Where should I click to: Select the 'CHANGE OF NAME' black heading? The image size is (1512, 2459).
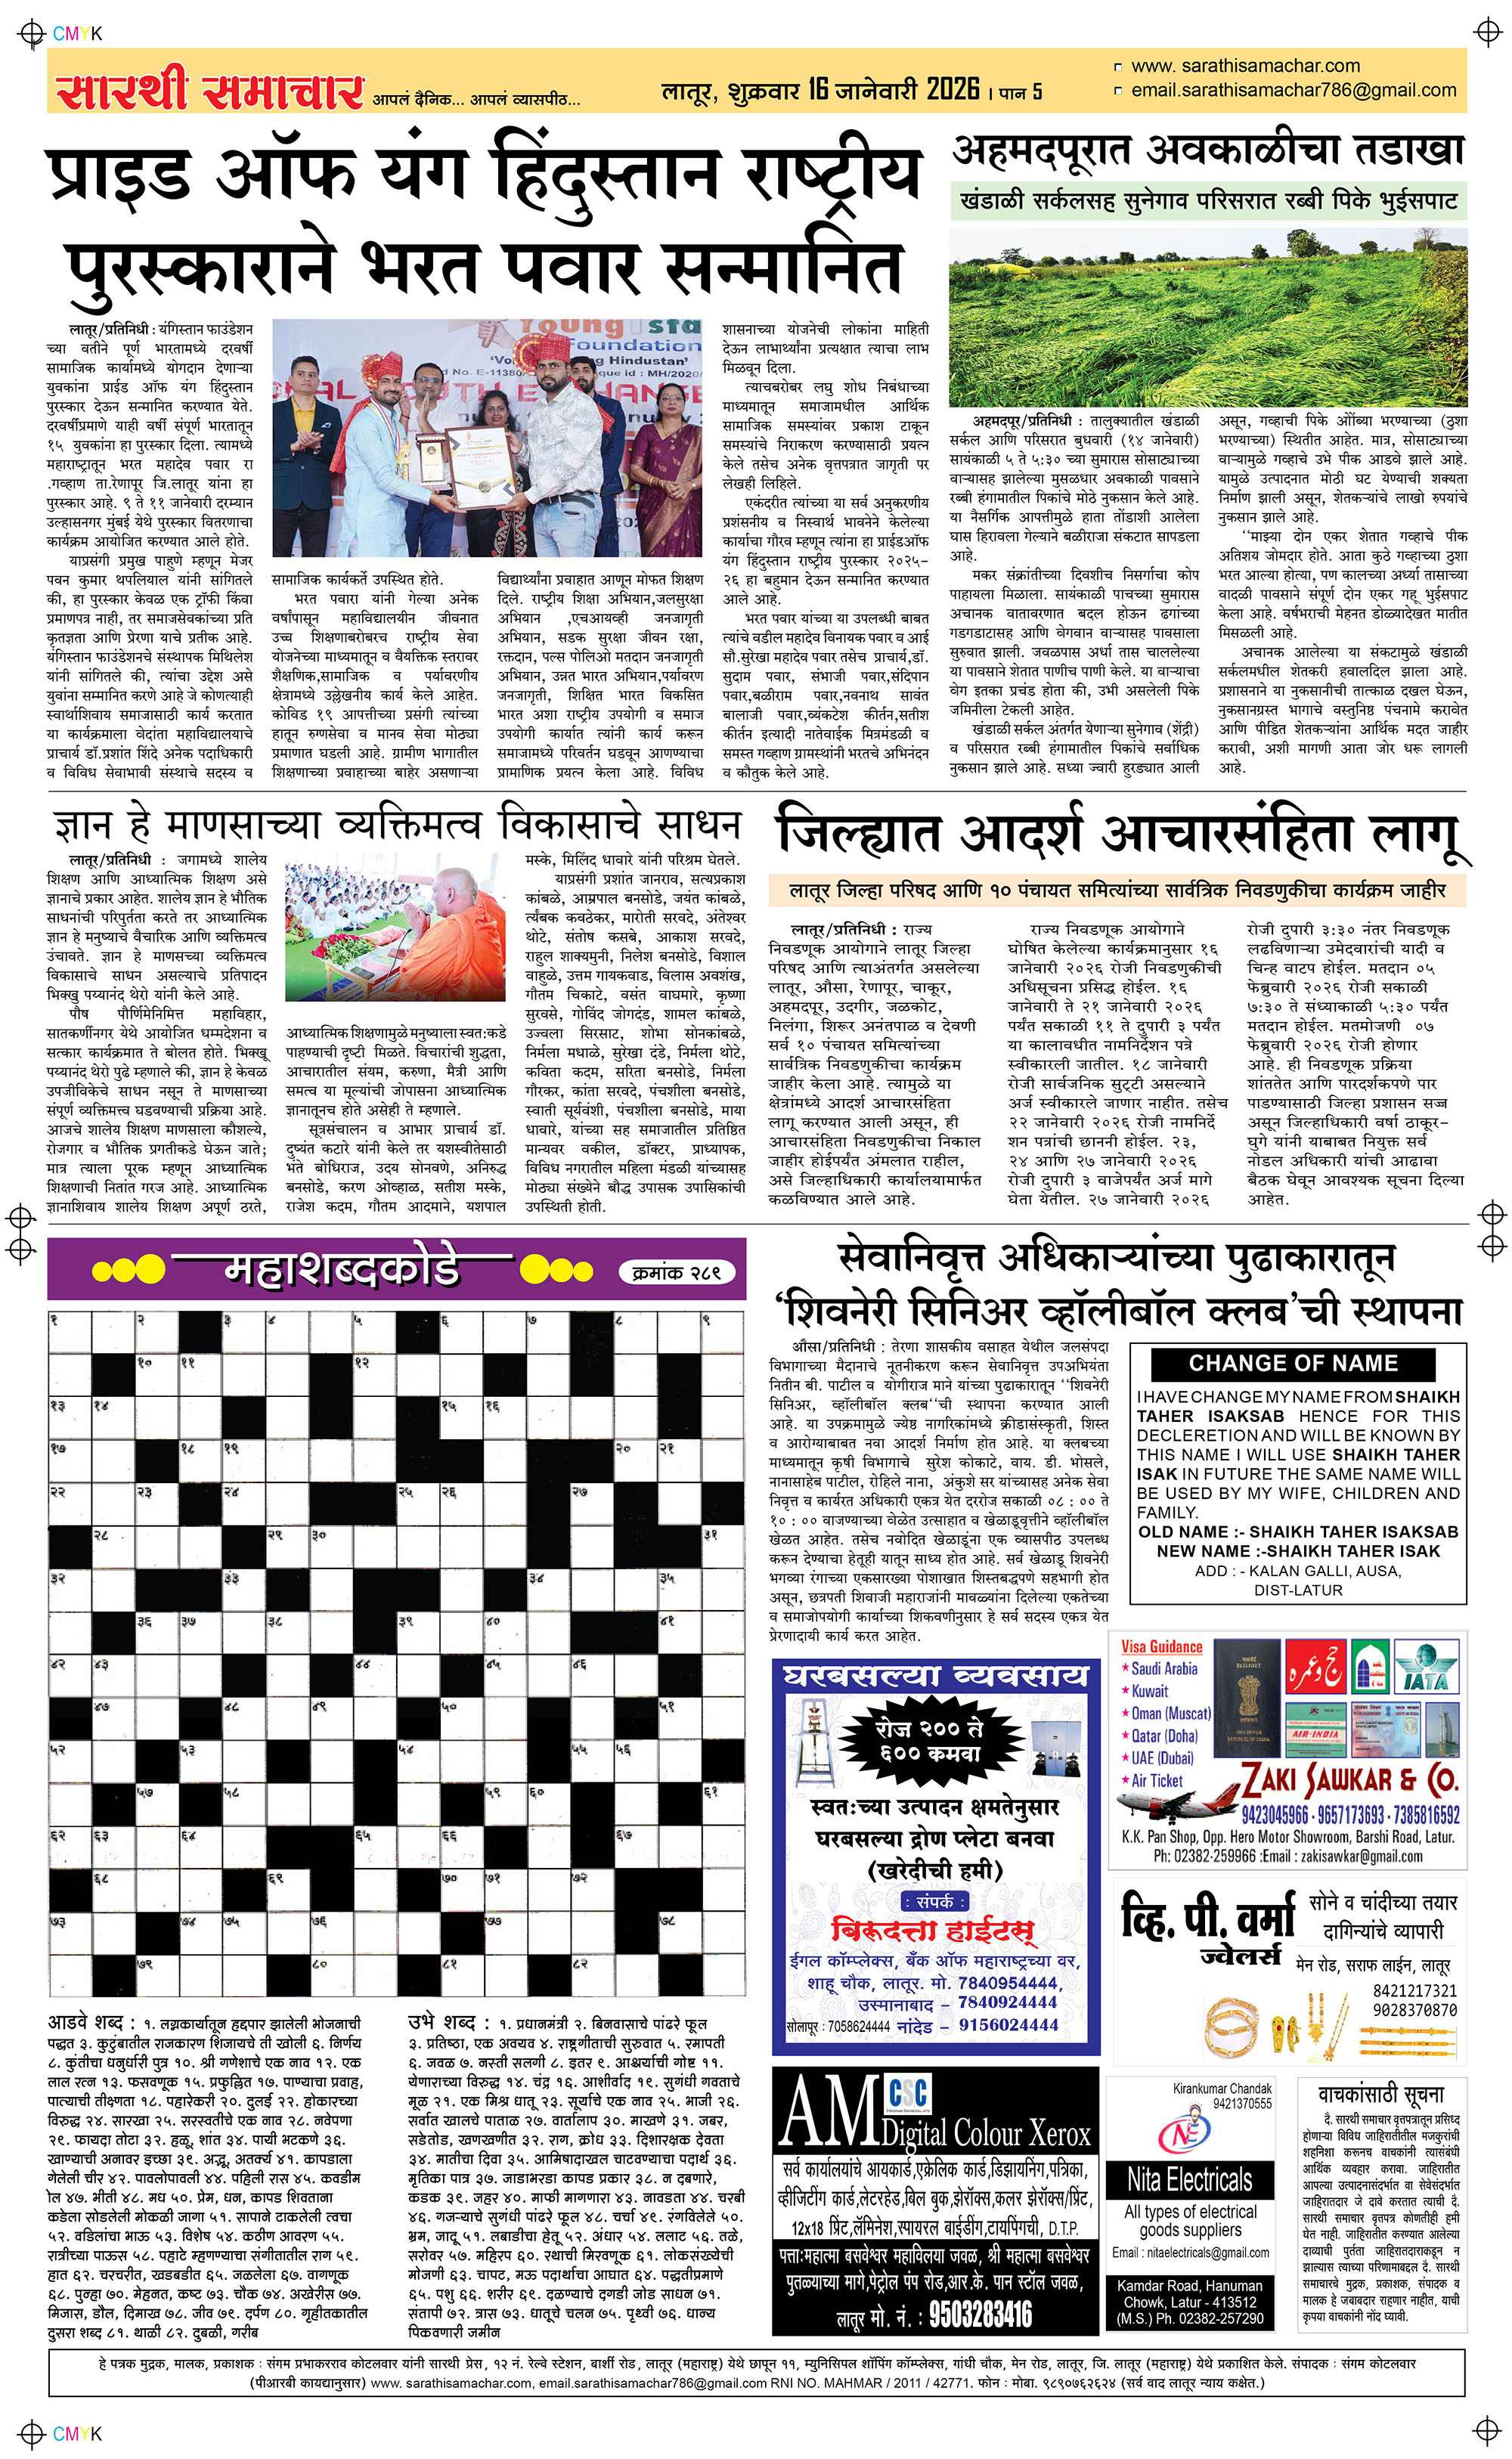click(x=1293, y=1364)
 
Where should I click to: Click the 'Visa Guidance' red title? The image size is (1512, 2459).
click(x=1161, y=1646)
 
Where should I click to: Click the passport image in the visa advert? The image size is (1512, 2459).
click(x=1246, y=1699)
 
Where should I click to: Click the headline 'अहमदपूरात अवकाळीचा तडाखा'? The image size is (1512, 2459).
click(x=1207, y=151)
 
